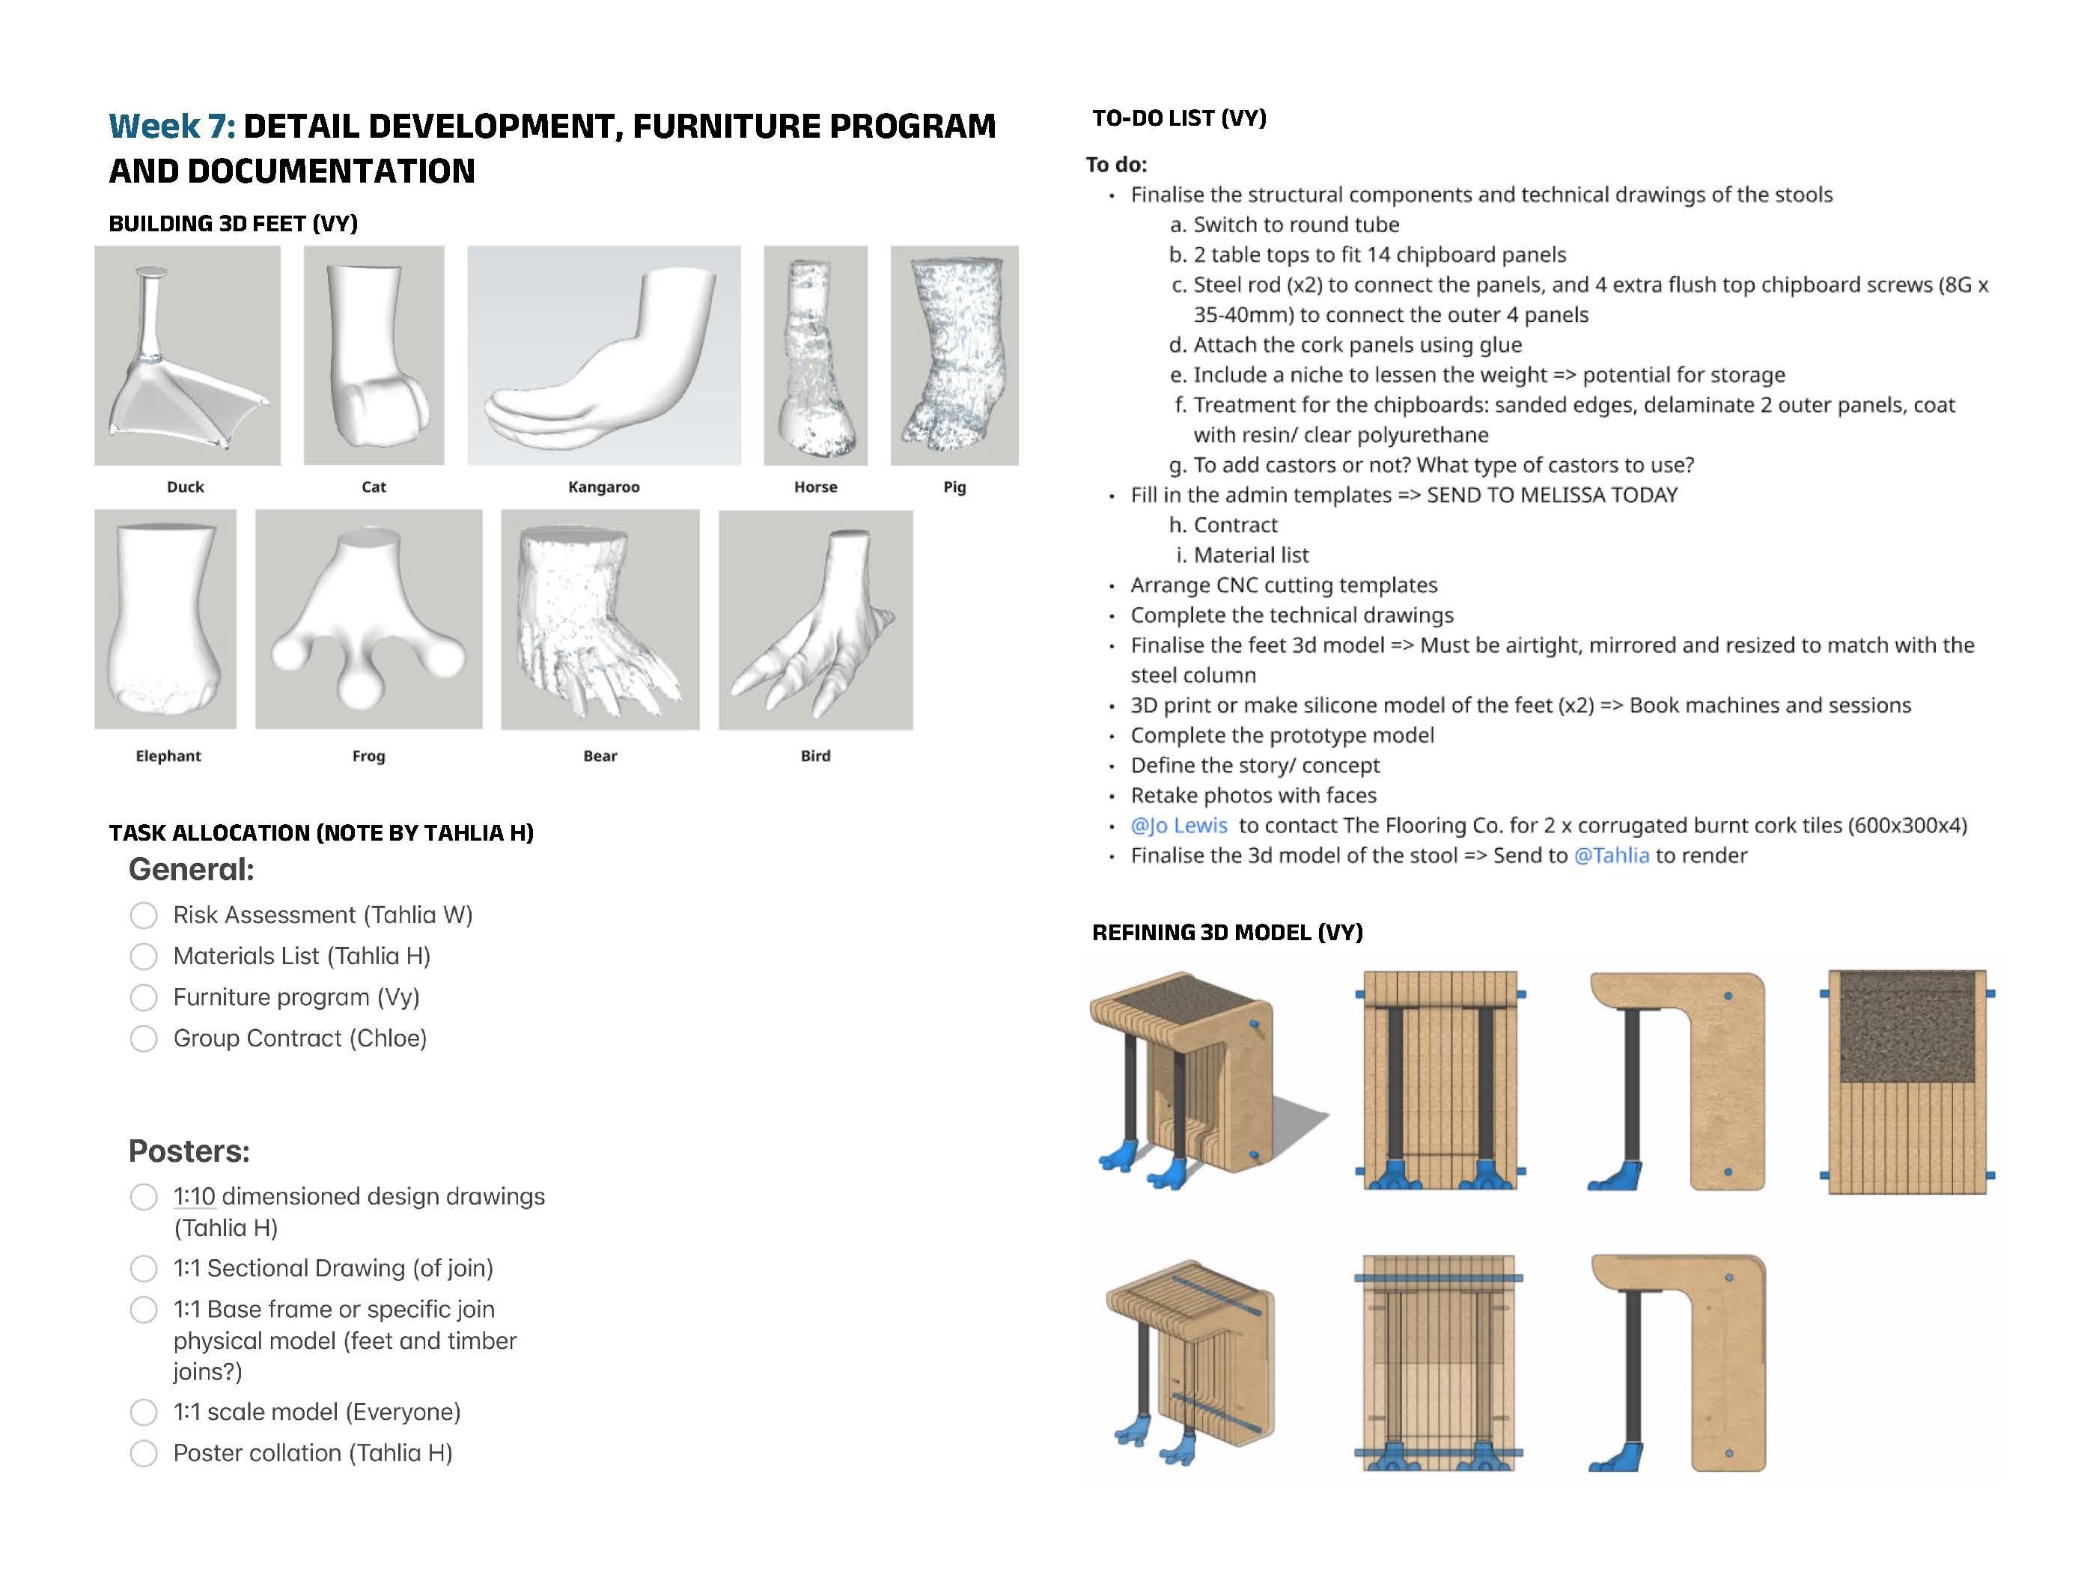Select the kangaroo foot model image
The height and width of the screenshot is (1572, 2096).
pyautogui.click(x=603, y=356)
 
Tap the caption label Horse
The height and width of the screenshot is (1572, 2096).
pyautogui.click(x=815, y=487)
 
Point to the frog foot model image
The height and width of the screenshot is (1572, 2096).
pyautogui.click(x=368, y=619)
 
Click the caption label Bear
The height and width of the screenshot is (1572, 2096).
pyautogui.click(x=600, y=756)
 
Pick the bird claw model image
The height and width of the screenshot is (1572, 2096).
pyautogui.click(x=815, y=620)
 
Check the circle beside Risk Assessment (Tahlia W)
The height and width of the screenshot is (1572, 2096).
pyautogui.click(x=144, y=916)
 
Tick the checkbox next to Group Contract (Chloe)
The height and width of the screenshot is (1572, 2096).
pyautogui.click(x=144, y=1038)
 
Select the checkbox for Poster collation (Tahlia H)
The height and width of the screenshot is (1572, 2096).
pyautogui.click(x=144, y=1454)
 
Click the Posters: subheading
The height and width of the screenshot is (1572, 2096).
pyautogui.click(x=189, y=1151)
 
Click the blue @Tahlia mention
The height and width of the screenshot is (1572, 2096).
pyautogui.click(x=1611, y=856)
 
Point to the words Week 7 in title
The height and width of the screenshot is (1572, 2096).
pyautogui.click(x=171, y=126)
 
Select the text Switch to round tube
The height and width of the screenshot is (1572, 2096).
pyautogui.click(x=1295, y=225)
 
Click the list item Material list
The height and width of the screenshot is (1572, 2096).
pyautogui.click(x=1250, y=555)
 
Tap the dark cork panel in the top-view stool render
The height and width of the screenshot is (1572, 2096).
pyautogui.click(x=1907, y=1028)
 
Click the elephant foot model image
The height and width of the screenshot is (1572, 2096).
pyautogui.click(x=165, y=619)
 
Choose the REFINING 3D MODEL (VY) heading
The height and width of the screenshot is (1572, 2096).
pyautogui.click(x=1226, y=933)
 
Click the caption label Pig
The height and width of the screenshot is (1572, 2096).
pyautogui.click(x=954, y=487)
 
